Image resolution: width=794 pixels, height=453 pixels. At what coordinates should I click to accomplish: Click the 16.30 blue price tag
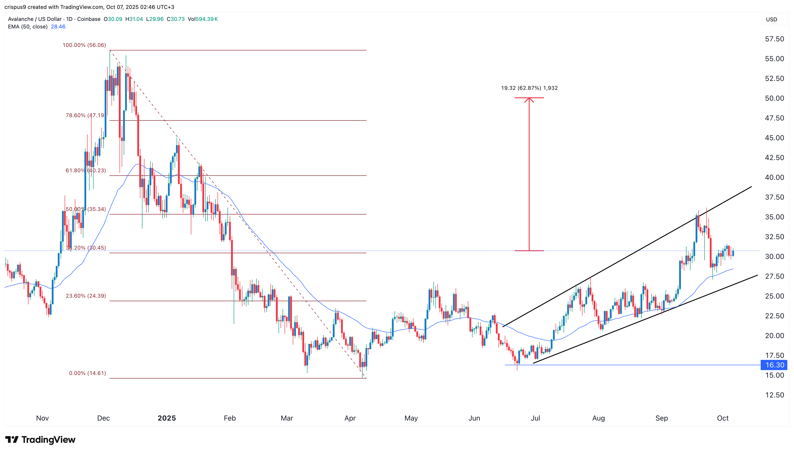(x=774, y=365)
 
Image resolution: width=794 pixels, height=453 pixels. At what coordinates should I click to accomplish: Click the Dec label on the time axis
(x=103, y=418)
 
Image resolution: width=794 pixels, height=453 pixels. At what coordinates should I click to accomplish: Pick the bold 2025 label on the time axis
(x=167, y=418)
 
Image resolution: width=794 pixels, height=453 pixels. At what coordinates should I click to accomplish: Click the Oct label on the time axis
(x=722, y=418)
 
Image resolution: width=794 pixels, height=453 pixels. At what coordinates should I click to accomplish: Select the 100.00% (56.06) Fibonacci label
(x=84, y=45)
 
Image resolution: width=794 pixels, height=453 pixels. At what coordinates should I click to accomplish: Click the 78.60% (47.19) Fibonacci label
(x=85, y=115)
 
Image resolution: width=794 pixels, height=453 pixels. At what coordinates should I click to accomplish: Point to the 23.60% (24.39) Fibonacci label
(x=86, y=296)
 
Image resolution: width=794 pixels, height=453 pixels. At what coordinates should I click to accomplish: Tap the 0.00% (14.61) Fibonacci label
(x=87, y=373)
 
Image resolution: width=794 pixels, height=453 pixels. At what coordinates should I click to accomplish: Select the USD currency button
(x=771, y=19)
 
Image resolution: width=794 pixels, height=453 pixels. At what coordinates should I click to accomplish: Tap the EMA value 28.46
(x=58, y=27)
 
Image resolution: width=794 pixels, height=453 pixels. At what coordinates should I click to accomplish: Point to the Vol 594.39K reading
(x=203, y=19)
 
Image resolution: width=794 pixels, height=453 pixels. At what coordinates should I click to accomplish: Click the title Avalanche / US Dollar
(x=34, y=19)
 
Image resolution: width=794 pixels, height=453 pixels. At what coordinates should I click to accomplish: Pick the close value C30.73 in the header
(x=176, y=19)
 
